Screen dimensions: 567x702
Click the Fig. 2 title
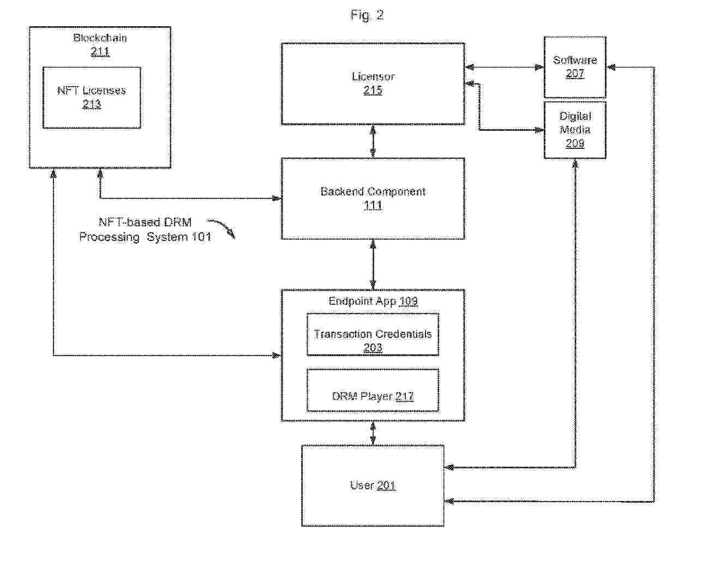pyautogui.click(x=367, y=15)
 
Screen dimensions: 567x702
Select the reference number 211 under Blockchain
pyautogui.click(x=100, y=52)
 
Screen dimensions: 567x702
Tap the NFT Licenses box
pyautogui.click(x=92, y=98)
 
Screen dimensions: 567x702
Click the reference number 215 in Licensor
pyautogui.click(x=373, y=91)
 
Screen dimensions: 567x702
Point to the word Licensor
pyautogui.click(x=373, y=76)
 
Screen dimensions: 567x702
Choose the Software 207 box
pyautogui.click(x=575, y=67)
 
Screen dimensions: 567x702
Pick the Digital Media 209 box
pyautogui.click(x=575, y=130)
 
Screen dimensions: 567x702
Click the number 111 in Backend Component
pyautogui.click(x=373, y=206)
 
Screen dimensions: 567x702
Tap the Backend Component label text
pyautogui.click(x=373, y=191)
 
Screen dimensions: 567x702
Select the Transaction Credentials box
pyautogui.click(x=373, y=335)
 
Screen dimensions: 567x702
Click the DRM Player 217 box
pyautogui.click(x=373, y=390)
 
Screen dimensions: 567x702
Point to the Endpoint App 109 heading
pyautogui.click(x=373, y=301)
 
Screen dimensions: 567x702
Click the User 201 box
pyautogui.click(x=373, y=486)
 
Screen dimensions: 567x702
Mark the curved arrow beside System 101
pyautogui.click(x=223, y=228)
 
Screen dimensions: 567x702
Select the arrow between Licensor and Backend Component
pyautogui.click(x=373, y=141)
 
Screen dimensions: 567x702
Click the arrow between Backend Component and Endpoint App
pyautogui.click(x=373, y=264)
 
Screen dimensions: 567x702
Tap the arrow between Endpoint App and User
pyautogui.click(x=373, y=433)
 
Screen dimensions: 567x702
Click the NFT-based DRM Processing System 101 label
pyautogui.click(x=145, y=230)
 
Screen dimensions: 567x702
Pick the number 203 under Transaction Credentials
pyautogui.click(x=373, y=348)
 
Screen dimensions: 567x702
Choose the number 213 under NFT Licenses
pyautogui.click(x=92, y=105)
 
